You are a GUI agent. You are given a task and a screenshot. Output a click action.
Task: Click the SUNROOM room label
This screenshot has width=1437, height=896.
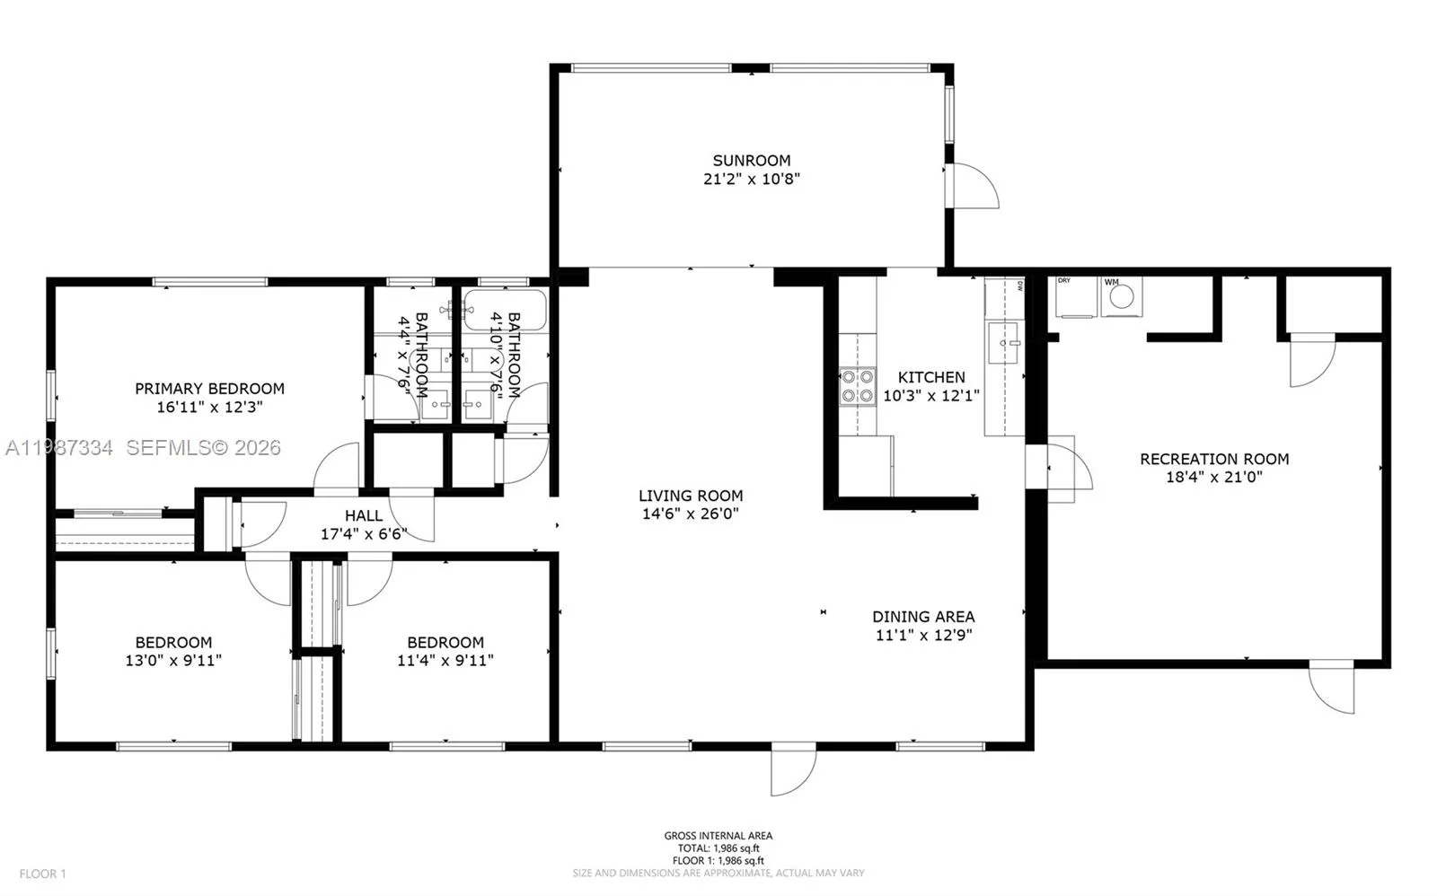point(751,161)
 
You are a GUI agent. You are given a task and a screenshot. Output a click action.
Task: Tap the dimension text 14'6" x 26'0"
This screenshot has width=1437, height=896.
point(690,514)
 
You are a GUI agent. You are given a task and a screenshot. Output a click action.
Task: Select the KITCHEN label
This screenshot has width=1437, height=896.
point(931,377)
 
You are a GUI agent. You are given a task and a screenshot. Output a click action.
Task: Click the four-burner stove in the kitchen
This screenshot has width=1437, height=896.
point(857,386)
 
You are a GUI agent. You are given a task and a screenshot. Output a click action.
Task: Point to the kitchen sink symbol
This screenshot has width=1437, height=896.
point(1004,343)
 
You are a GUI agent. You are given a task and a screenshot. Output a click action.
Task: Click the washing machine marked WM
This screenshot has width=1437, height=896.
point(1121,297)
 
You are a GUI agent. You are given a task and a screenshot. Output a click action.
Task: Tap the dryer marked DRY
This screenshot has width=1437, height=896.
point(1074,298)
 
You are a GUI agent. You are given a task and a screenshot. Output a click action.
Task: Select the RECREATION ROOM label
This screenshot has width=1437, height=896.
point(1214,459)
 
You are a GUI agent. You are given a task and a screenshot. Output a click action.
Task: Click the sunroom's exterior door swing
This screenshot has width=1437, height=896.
point(974,187)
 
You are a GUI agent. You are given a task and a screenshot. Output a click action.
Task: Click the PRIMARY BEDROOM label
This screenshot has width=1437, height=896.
point(209,389)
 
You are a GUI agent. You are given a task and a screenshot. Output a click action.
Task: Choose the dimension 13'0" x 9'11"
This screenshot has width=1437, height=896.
point(173,661)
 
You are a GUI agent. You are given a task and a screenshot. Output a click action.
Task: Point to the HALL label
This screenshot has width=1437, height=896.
point(364,515)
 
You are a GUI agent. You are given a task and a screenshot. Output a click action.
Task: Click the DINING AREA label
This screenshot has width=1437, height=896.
point(923,617)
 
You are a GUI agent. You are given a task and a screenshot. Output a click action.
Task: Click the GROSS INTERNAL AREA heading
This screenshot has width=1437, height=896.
point(718,836)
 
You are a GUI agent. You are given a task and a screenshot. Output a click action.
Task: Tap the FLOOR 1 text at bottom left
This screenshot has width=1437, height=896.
point(43,874)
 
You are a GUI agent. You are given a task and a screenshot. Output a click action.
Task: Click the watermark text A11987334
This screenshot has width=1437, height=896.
point(59,447)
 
